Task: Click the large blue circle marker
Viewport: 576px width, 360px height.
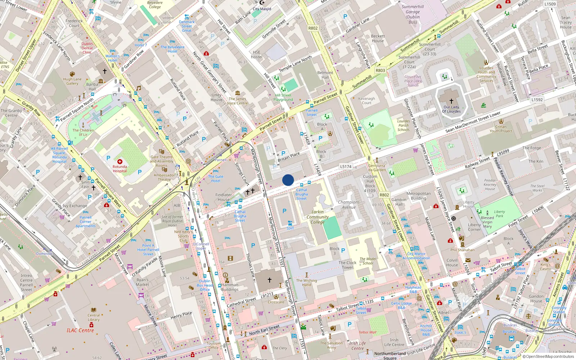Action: (288, 180)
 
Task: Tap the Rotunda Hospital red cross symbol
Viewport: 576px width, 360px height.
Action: (120, 162)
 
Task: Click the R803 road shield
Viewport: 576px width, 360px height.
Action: (380, 70)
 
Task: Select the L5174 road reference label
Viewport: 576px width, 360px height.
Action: (346, 167)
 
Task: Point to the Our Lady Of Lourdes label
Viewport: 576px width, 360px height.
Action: (451, 109)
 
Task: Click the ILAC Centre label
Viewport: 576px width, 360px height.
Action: (80, 330)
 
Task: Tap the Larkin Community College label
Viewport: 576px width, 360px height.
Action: (318, 217)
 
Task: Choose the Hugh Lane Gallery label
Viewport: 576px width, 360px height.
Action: (72, 81)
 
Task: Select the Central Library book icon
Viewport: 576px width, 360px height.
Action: (94, 310)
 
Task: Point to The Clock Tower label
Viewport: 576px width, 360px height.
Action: (348, 265)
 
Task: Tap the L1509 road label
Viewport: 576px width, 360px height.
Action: (550, 4)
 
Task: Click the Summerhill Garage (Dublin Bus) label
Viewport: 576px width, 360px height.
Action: (413, 14)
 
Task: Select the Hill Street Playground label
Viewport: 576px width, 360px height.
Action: (283, 97)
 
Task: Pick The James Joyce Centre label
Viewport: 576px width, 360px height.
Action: (237, 101)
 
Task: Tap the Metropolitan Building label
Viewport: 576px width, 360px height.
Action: (418, 196)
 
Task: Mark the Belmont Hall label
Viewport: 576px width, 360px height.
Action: (325, 75)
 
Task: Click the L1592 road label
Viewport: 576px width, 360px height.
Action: (537, 100)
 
